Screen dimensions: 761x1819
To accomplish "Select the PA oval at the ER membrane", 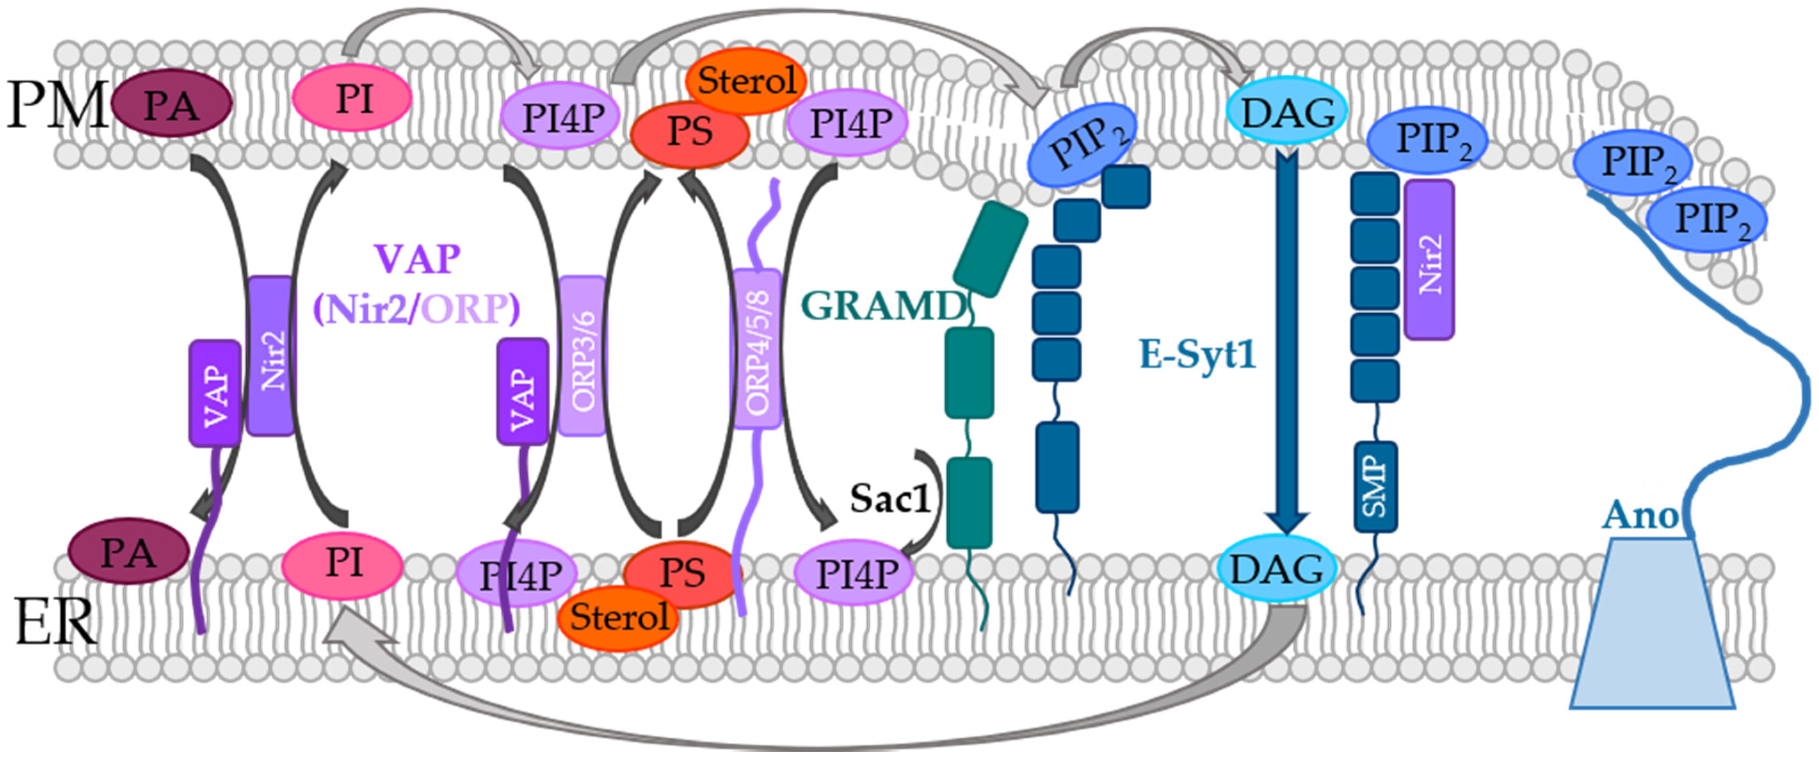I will pyautogui.click(x=129, y=552).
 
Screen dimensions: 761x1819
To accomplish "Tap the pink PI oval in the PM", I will pyautogui.click(x=352, y=97).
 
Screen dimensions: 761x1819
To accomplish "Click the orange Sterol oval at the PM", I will pyautogui.click(x=746, y=80).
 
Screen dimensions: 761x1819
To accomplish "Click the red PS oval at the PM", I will pyautogui.click(x=689, y=132).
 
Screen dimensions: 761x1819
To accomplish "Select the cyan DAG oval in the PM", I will pyautogui.click(x=1287, y=113).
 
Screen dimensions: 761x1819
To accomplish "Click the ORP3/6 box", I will pyautogui.click(x=583, y=356).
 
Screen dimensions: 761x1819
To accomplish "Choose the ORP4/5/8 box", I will pyautogui.click(x=757, y=348).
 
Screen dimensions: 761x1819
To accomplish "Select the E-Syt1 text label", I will pyautogui.click(x=1198, y=354).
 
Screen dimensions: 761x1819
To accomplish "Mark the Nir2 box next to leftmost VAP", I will pyautogui.click(x=271, y=356).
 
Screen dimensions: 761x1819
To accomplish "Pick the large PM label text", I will pyautogui.click(x=56, y=105).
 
